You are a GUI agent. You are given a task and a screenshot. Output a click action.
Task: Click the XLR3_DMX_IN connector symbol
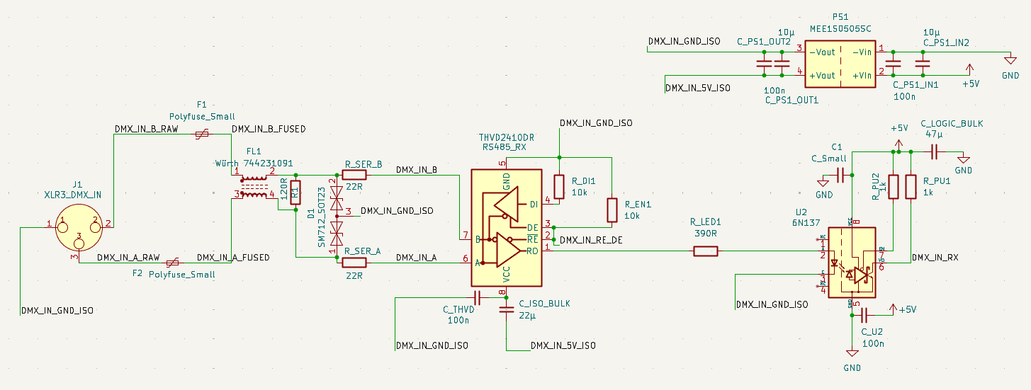point(79,227)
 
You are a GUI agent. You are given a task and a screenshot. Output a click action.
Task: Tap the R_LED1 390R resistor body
point(705,251)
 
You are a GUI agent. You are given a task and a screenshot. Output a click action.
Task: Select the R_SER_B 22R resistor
point(354,175)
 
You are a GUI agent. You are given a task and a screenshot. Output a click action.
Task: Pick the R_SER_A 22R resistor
point(354,262)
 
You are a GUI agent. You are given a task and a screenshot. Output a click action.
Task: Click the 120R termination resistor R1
point(295,192)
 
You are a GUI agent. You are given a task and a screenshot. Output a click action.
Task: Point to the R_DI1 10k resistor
point(558,186)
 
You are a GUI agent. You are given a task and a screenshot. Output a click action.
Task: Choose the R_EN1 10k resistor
point(612,210)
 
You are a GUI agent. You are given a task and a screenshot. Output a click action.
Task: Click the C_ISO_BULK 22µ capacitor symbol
point(506,309)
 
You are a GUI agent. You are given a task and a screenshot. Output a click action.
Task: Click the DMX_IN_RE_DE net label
point(591,241)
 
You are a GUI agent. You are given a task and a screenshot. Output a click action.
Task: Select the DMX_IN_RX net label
point(935,258)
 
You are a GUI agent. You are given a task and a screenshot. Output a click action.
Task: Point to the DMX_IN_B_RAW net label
point(147,130)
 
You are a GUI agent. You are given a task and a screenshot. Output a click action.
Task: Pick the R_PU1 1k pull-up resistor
point(911,187)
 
